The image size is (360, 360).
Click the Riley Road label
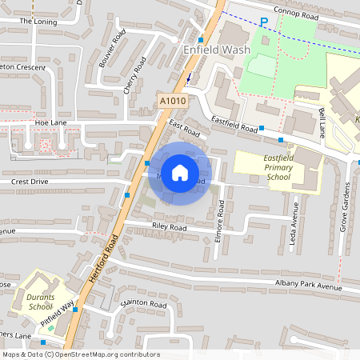(168, 228)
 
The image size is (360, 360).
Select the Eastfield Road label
(234, 124)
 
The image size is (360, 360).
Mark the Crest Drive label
(30, 182)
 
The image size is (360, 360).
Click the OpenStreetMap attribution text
(80, 354)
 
